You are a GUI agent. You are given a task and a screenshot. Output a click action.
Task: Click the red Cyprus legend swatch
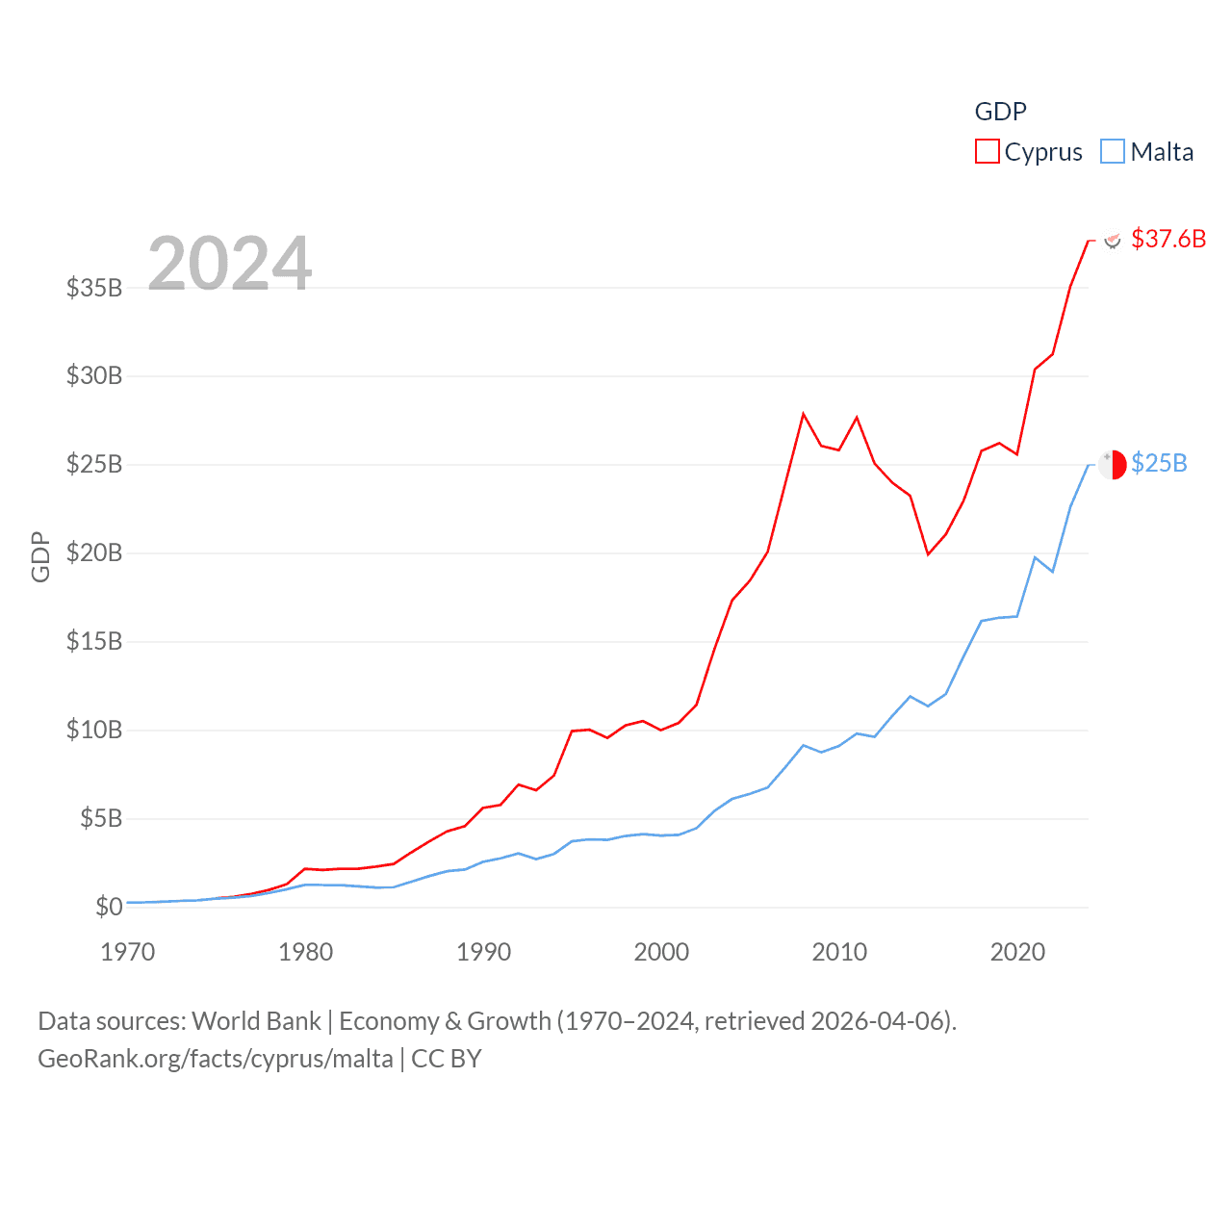pos(988,152)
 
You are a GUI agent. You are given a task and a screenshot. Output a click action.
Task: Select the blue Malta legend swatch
pos(1113,152)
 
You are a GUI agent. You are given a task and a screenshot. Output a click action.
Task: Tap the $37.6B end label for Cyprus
pos(1168,239)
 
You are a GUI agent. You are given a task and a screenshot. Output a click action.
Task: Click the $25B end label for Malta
pos(1159,463)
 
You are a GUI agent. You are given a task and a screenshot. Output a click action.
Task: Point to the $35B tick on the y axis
pos(94,288)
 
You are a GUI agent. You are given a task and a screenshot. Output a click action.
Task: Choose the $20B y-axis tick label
pos(94,552)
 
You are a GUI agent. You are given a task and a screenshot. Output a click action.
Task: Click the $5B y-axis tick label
pos(101,818)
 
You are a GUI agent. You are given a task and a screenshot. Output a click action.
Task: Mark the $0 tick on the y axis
pos(109,907)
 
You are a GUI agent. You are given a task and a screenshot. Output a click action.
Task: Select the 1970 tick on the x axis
pos(128,952)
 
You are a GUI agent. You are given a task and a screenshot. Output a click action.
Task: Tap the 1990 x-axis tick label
pos(483,952)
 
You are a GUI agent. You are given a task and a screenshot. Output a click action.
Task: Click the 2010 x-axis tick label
pos(839,952)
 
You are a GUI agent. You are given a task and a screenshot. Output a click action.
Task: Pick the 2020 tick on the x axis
pos(1017,952)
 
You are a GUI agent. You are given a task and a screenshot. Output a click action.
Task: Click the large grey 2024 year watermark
pos(230,263)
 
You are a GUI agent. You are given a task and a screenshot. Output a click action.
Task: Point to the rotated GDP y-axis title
pos(40,556)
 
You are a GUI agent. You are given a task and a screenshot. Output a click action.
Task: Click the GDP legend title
pos(1001,112)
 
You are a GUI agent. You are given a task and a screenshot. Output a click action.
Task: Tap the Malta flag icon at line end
pos(1113,464)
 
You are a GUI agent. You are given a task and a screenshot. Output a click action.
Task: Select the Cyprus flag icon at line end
pos(1113,240)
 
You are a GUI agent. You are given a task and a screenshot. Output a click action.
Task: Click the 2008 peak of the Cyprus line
pos(803,414)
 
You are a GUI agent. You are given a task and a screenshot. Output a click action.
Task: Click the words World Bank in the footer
pos(256,1021)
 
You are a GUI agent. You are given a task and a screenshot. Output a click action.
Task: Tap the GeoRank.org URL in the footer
pos(216,1059)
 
